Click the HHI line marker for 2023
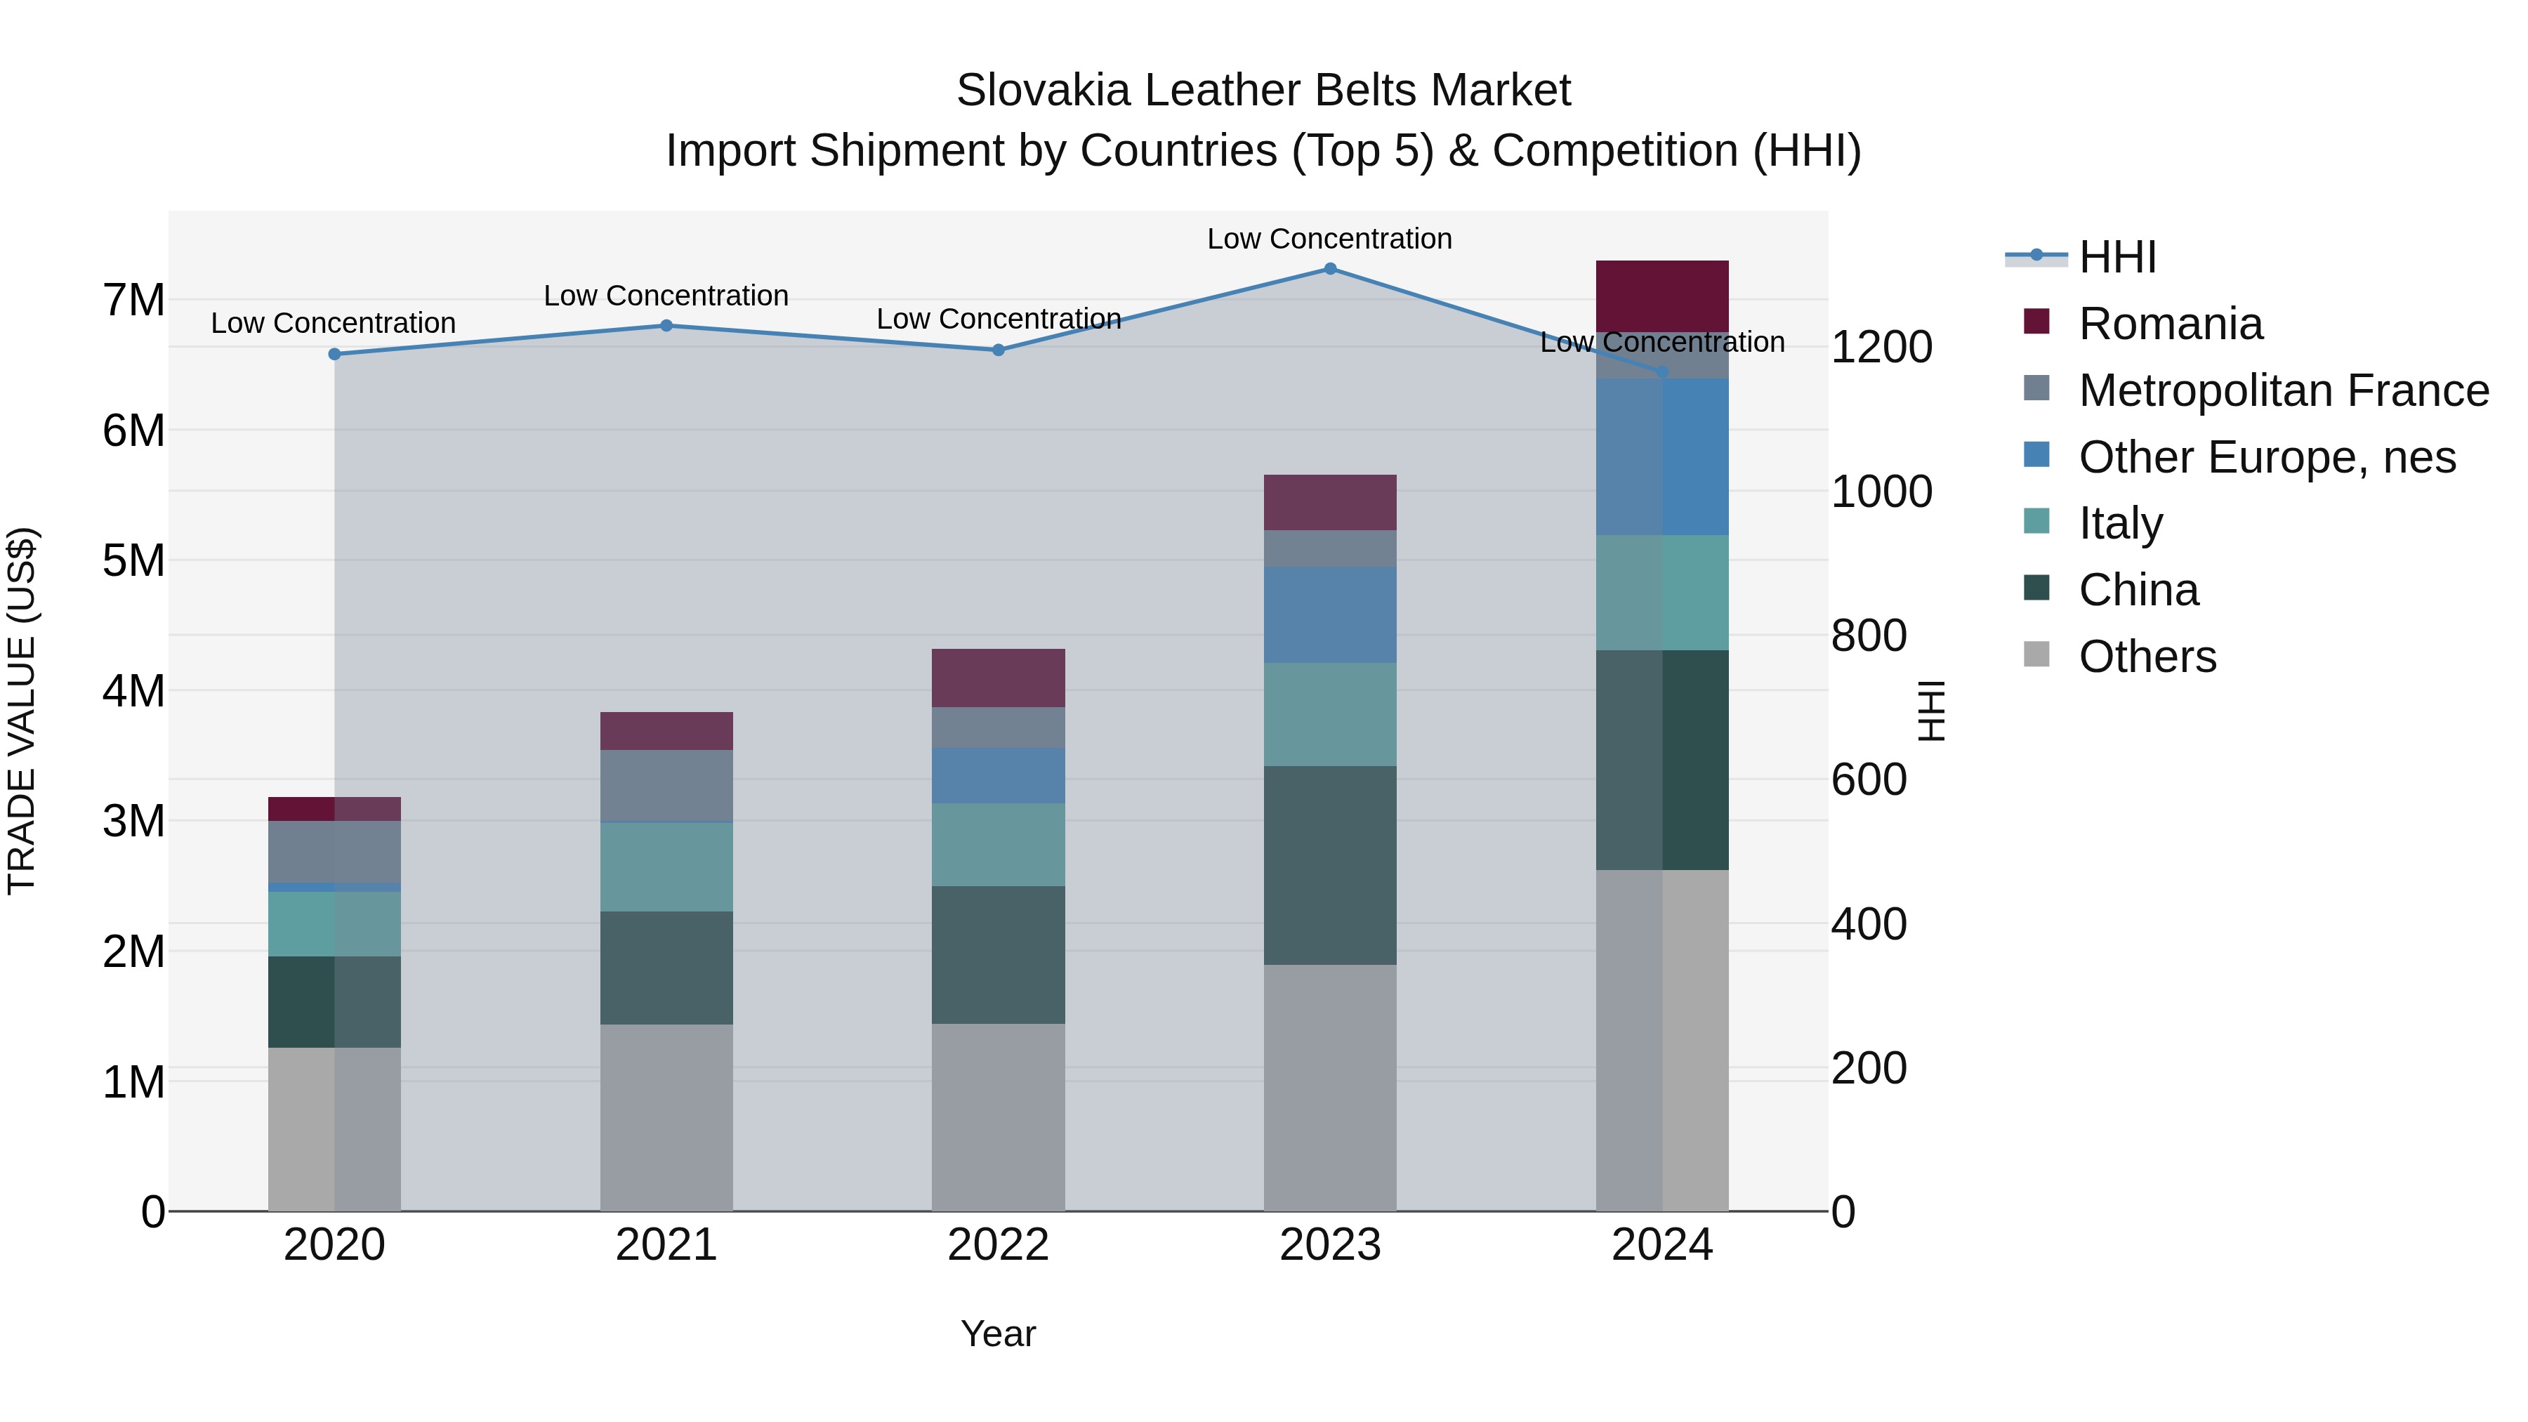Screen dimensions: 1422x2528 1330,268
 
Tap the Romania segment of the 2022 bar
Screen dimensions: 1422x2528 998,677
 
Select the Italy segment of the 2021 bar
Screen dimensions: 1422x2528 666,867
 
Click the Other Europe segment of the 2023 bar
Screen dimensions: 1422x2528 1330,614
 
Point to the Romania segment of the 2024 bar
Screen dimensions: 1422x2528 1661,296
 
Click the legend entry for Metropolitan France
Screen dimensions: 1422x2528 2283,390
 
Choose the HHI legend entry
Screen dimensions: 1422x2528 2116,257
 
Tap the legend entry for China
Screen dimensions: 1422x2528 2138,590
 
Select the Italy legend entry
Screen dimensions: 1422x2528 2120,523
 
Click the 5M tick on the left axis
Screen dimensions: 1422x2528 133,560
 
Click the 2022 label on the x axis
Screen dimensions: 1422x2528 998,1244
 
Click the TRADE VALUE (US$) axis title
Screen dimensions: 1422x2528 22,711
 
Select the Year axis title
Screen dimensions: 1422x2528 998,1333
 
